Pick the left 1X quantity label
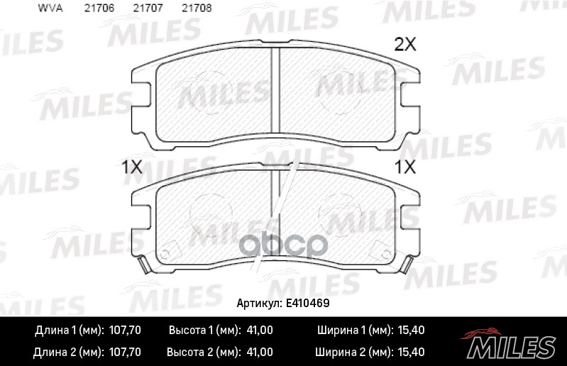pos(133,168)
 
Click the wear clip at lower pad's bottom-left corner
pos(145,267)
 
